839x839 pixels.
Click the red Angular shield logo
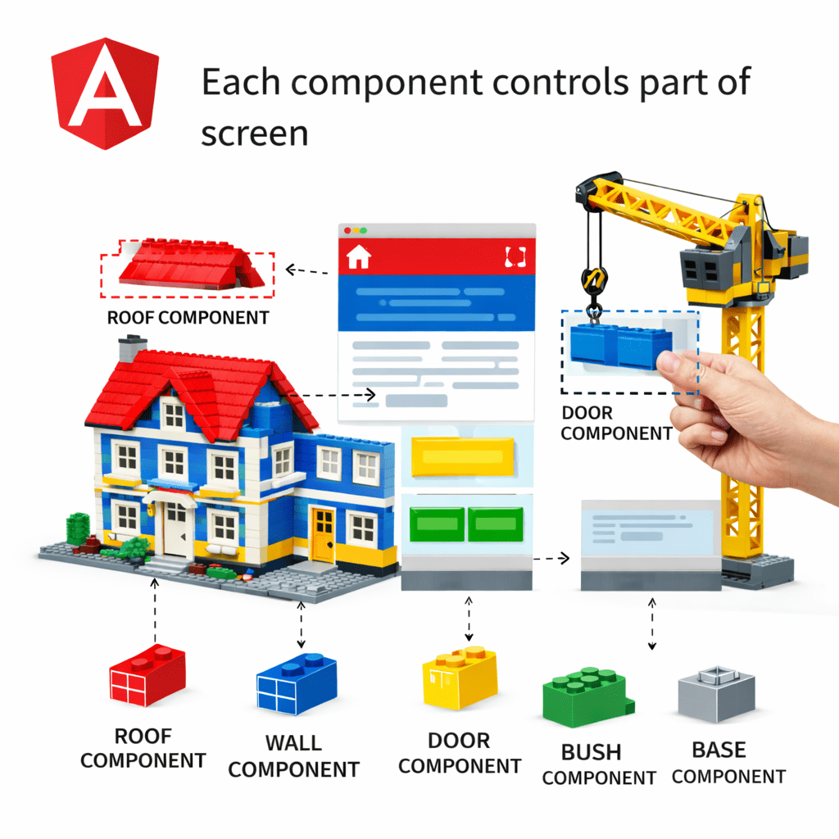click(104, 93)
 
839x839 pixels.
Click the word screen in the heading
click(254, 133)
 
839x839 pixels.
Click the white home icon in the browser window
click(359, 257)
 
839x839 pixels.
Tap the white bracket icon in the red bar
click(515, 257)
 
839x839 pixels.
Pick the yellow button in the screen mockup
click(462, 456)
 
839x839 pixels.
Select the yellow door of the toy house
click(323, 534)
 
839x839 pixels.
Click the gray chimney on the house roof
click(129, 348)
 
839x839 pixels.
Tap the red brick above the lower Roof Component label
click(147, 676)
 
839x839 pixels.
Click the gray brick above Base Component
click(715, 693)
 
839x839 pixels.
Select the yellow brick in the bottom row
click(460, 678)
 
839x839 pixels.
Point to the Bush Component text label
click(598, 764)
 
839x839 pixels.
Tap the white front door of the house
click(176, 530)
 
